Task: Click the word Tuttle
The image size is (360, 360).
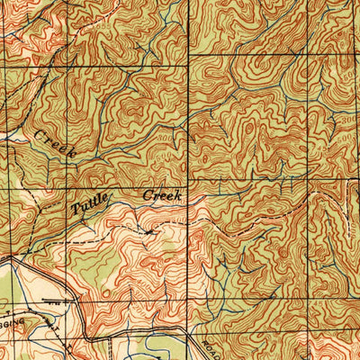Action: [x=90, y=204]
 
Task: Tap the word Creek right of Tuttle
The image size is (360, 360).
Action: [x=163, y=194]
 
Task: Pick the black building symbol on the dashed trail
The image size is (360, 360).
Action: [x=147, y=231]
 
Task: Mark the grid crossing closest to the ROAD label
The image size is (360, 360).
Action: [x=188, y=327]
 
